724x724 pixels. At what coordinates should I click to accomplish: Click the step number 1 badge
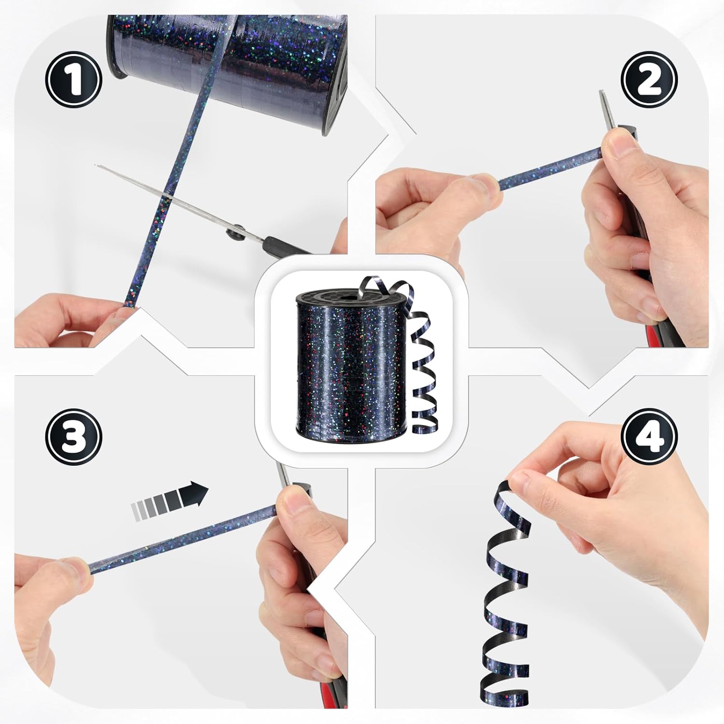pos(74,79)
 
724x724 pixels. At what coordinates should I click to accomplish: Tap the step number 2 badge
pos(649,79)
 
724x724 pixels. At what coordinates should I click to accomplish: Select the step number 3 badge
pos(74,437)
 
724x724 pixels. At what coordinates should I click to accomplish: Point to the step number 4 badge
pos(649,437)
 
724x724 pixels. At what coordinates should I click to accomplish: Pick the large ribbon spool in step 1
pos(227,72)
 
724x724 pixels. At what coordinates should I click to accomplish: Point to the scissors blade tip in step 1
pos(95,165)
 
